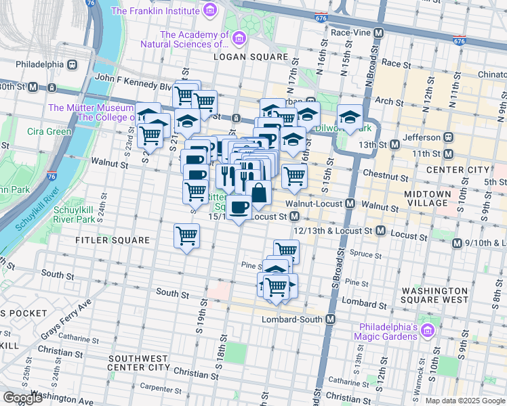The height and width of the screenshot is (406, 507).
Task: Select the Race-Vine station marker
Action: (378, 32)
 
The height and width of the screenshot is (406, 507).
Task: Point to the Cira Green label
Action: (49, 131)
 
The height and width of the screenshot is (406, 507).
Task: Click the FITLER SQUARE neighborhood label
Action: (113, 240)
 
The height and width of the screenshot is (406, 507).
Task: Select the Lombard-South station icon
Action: (331, 319)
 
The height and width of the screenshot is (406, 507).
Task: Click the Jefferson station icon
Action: (448, 137)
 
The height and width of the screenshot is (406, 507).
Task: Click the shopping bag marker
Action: (258, 194)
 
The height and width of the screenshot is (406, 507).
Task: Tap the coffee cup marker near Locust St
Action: (239, 208)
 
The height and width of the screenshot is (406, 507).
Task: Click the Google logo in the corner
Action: (22, 398)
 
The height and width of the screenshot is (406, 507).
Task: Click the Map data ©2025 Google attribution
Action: (465, 401)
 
